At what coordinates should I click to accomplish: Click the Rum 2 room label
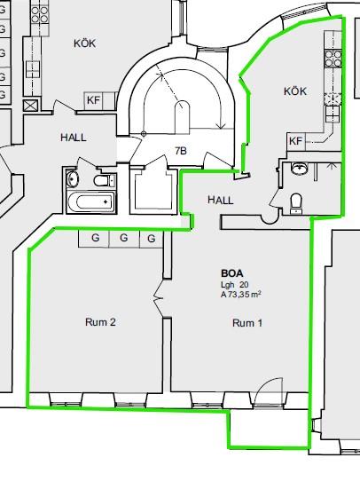100,322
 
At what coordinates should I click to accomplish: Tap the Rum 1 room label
247,323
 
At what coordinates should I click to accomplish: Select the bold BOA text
232,273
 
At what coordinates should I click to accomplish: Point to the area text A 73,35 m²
241,295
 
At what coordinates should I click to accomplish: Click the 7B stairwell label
181,151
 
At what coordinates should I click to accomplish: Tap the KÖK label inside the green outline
295,91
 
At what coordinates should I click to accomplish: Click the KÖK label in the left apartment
84,43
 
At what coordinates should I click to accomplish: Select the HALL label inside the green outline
221,200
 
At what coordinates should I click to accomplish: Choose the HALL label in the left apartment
74,138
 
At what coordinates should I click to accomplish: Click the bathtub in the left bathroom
90,201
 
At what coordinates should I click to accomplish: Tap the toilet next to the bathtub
105,180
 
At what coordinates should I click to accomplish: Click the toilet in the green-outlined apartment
296,203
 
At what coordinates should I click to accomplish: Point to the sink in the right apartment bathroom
299,169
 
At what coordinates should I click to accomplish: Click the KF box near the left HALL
93,100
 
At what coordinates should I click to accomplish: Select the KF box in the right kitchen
296,141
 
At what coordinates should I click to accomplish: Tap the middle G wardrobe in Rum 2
124,238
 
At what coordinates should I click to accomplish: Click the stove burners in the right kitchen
333,59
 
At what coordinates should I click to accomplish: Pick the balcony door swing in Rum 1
269,391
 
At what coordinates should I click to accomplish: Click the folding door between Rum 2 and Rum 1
159,298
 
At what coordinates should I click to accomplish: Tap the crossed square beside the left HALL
31,106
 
